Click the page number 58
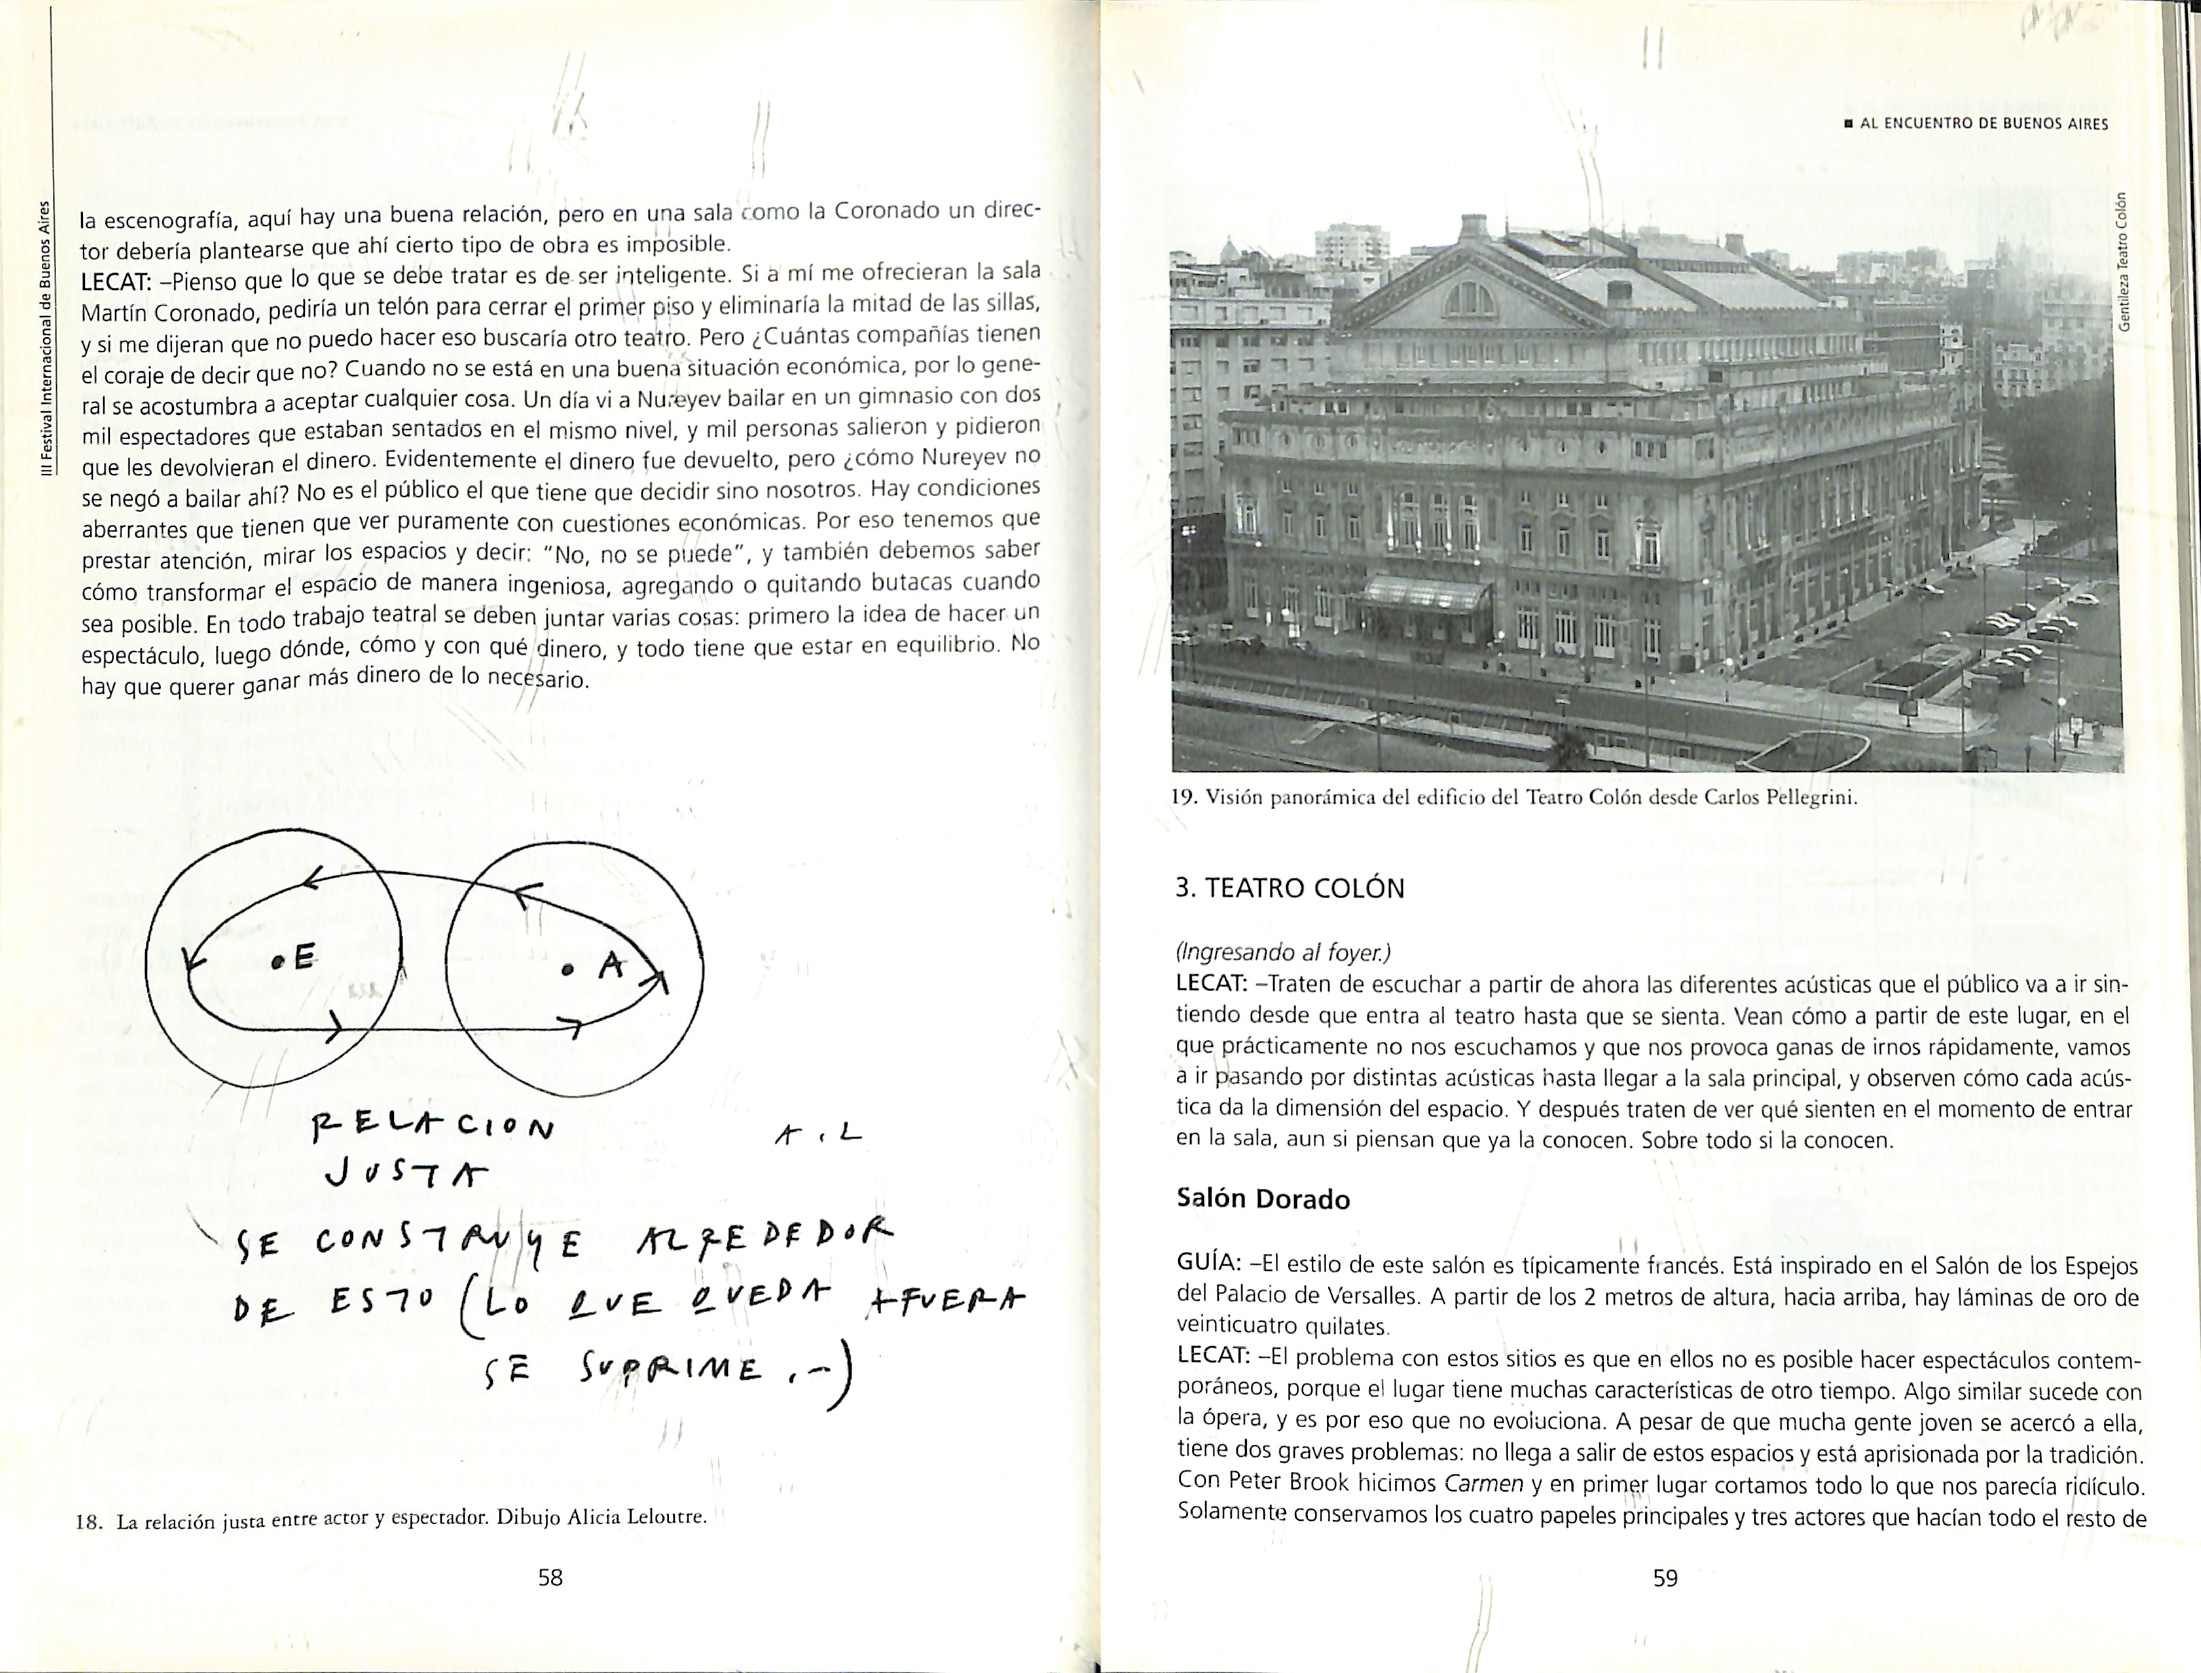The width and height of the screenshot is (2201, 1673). point(550,1577)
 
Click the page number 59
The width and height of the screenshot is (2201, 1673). point(1665,1577)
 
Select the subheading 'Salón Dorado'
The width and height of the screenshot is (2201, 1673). point(1263,1199)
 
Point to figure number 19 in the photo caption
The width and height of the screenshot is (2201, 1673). point(1182,798)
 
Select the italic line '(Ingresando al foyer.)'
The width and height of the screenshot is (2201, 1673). point(1283,952)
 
